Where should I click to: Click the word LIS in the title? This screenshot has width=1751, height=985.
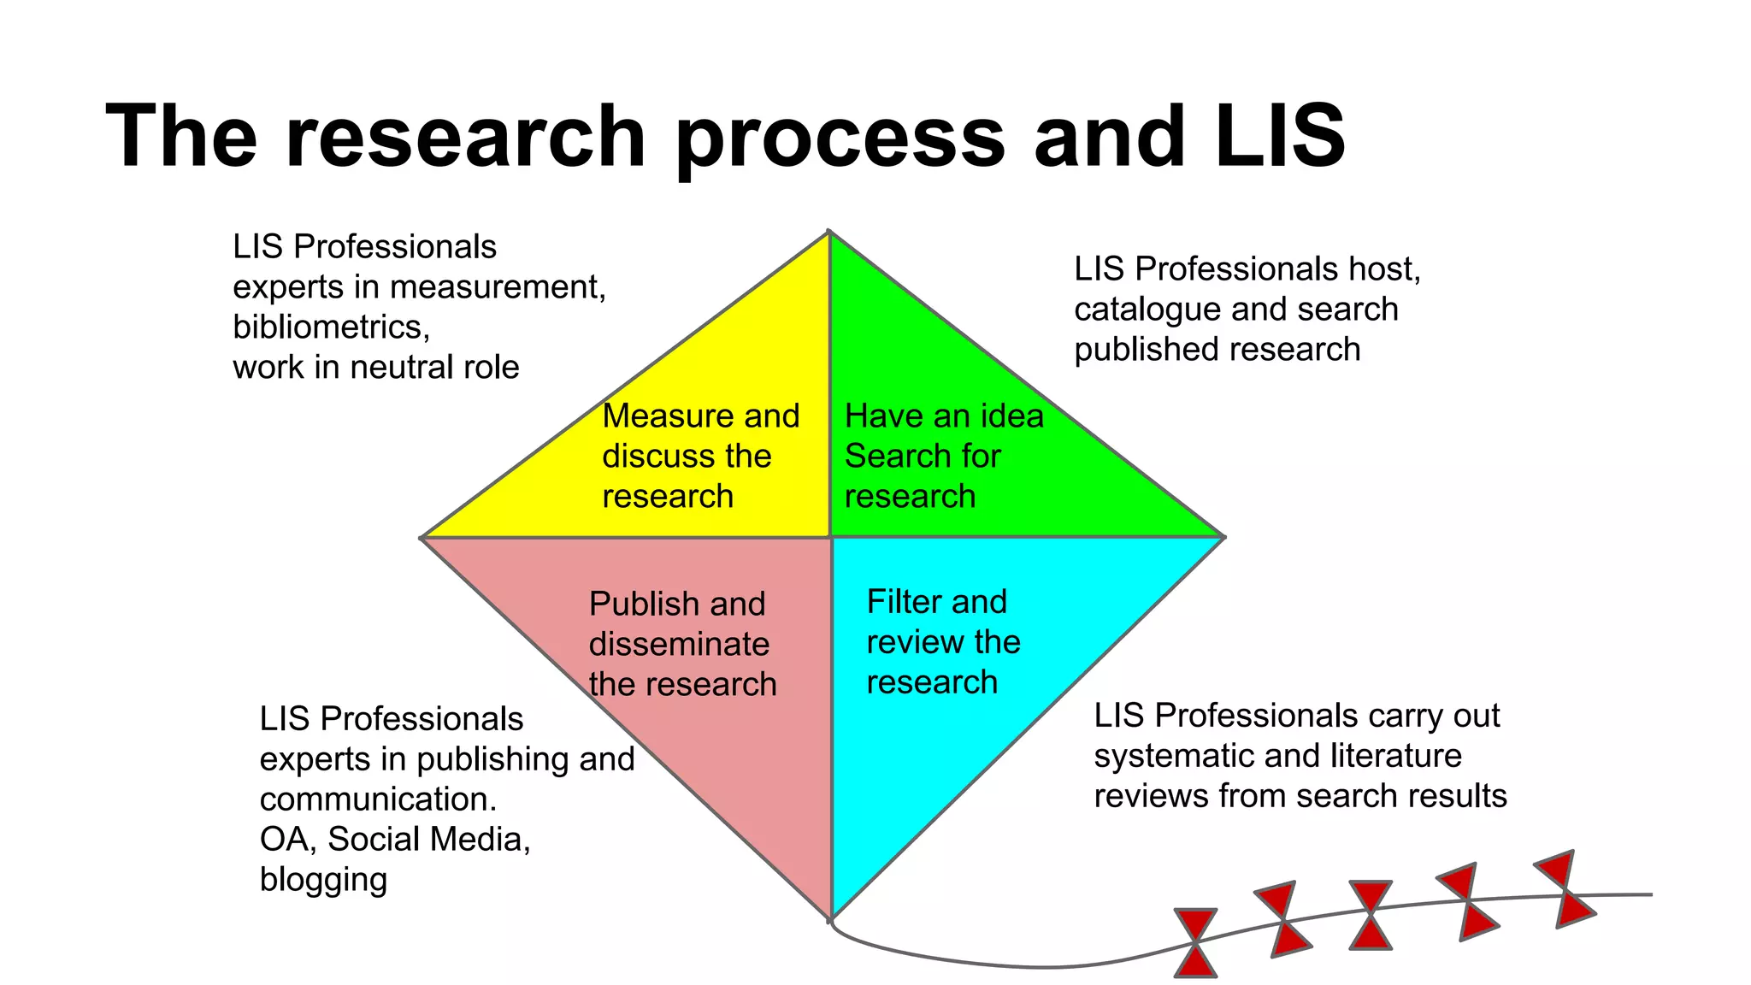point(1280,137)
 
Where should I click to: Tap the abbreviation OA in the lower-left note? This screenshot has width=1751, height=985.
point(287,840)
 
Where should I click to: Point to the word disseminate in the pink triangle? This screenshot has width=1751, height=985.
point(679,645)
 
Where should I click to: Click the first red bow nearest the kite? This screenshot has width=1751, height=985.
point(1195,942)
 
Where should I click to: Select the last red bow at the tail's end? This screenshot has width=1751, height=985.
point(1565,889)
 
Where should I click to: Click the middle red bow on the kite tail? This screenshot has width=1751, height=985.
point(1371,915)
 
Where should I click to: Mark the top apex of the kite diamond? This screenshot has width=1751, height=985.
point(829,233)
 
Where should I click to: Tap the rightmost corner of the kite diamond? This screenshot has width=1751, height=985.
point(1223,537)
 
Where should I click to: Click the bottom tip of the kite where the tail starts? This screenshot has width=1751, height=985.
point(831,919)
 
